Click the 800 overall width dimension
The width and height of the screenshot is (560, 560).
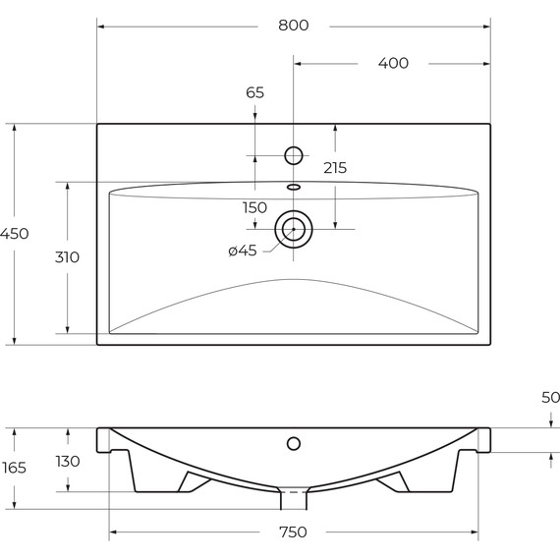tap(293, 26)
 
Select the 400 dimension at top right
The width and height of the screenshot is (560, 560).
tap(393, 64)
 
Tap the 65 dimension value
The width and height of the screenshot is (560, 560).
tap(254, 93)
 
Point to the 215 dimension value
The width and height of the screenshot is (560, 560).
tap(335, 168)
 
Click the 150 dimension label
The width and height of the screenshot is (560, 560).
tap(254, 207)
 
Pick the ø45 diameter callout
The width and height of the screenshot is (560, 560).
tap(242, 251)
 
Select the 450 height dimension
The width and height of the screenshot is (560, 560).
tap(15, 234)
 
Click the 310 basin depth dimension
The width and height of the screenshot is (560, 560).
tap(67, 257)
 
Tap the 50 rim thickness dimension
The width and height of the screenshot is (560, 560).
tap(550, 398)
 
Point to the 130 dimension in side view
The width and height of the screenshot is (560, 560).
tap(67, 461)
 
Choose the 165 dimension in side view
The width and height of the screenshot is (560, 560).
tap(14, 468)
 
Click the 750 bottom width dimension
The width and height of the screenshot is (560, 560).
tap(293, 532)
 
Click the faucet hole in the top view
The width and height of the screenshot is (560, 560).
tap(293, 155)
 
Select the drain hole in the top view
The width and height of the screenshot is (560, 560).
tap(293, 229)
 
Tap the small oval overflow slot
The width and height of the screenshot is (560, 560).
tap(293, 186)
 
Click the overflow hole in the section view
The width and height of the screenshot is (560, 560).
tap(293, 443)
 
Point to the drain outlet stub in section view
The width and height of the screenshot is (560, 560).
tap(293, 499)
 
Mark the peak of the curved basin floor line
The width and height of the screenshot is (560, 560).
tap(293, 280)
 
